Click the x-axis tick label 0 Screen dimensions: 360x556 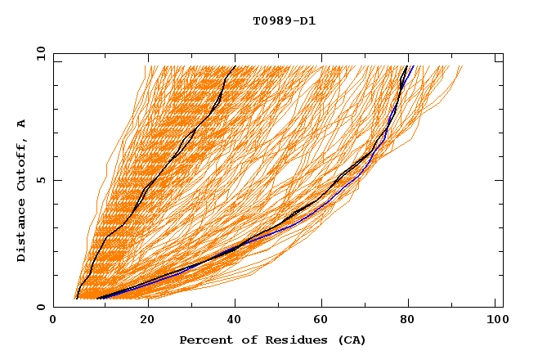(53, 322)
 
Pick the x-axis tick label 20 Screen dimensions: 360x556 (148, 322)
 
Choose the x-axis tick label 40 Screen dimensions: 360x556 (237, 322)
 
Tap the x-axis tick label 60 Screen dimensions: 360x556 (325, 322)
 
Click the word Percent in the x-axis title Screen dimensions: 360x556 (204, 340)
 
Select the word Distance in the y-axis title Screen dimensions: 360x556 (22, 229)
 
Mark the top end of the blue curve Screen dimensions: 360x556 (414, 66)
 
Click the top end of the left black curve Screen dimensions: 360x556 (235, 66)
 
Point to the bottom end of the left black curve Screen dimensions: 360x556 (76, 298)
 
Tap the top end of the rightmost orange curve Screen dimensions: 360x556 (462, 66)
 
